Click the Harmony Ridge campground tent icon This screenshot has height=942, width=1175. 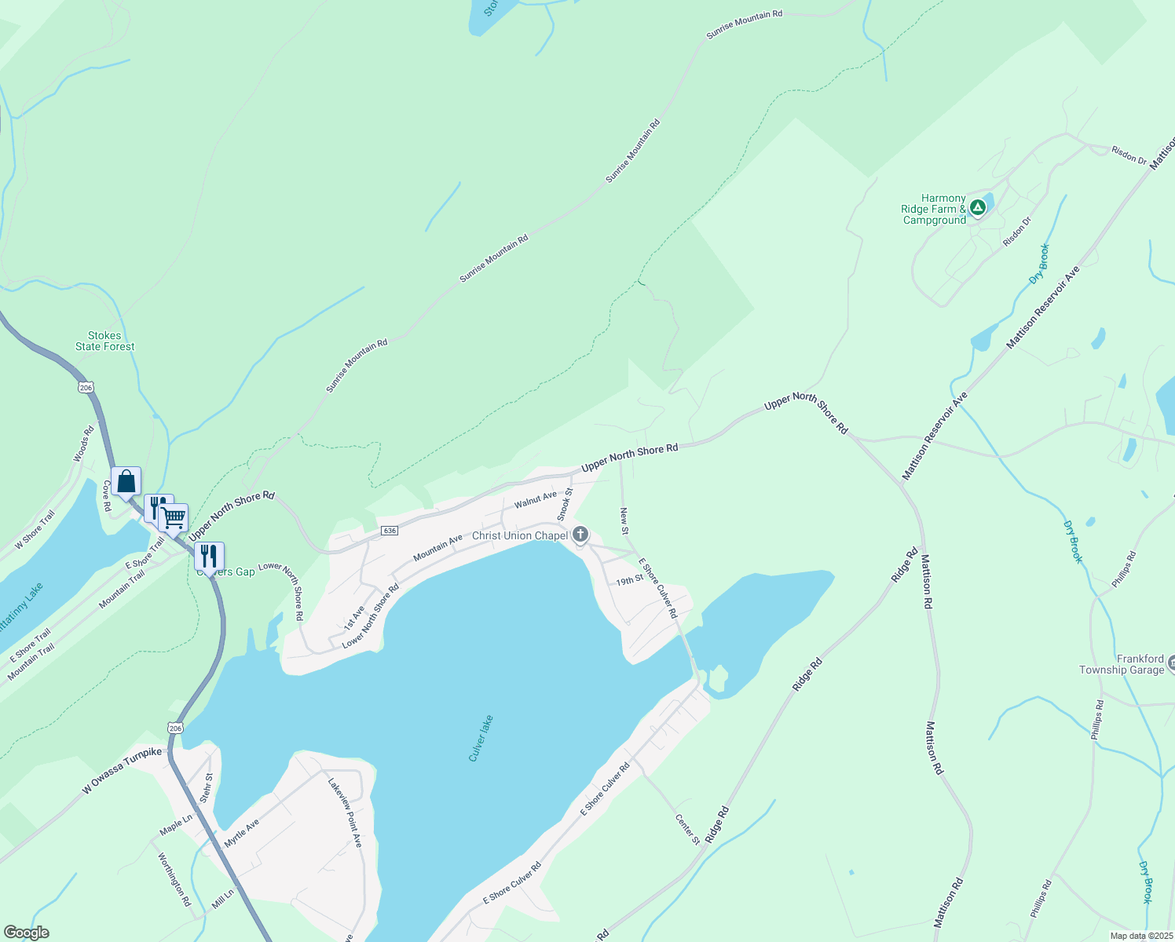click(x=977, y=208)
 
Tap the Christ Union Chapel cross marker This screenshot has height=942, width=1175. click(x=580, y=535)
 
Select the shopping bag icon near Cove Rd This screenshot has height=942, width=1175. click(x=126, y=481)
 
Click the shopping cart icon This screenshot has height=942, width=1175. click(x=174, y=517)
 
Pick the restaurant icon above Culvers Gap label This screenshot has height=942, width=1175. click(x=209, y=556)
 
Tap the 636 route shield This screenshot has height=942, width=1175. click(x=389, y=531)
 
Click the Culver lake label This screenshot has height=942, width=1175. click(x=481, y=738)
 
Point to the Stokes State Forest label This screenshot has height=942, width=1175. click(x=104, y=341)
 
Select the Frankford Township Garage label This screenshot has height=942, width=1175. click(x=1122, y=664)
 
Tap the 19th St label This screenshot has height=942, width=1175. click(x=629, y=581)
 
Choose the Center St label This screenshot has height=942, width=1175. click(x=687, y=829)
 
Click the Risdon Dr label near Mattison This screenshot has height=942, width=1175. click(x=1129, y=155)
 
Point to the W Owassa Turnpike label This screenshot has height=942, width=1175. click(x=123, y=771)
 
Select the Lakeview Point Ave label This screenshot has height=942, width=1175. click(x=345, y=812)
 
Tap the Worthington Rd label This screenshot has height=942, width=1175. click(x=174, y=879)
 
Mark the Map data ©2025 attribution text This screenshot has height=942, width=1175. click(x=1140, y=936)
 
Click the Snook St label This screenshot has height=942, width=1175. click(x=565, y=504)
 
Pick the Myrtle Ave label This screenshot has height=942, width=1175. click(x=241, y=834)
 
